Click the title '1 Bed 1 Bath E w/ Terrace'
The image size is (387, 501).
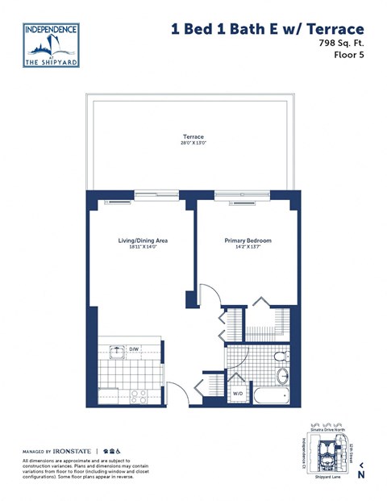pos(261,30)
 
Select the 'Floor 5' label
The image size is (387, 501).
pos(347,56)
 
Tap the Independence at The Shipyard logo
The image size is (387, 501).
pos(52,45)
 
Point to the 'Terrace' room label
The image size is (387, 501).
pos(193,137)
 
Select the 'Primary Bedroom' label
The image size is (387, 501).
pos(248,241)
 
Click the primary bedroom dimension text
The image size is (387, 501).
pos(248,248)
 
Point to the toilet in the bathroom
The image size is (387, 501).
pos(279,356)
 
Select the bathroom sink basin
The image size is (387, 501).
pos(283,377)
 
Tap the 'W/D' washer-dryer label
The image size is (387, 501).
pos(238,394)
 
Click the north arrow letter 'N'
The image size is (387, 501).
pos(361,474)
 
